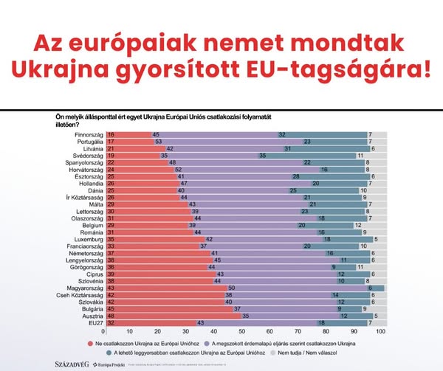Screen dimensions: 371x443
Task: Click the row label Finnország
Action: (89, 135)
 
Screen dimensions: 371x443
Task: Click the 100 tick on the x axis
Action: (381, 333)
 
